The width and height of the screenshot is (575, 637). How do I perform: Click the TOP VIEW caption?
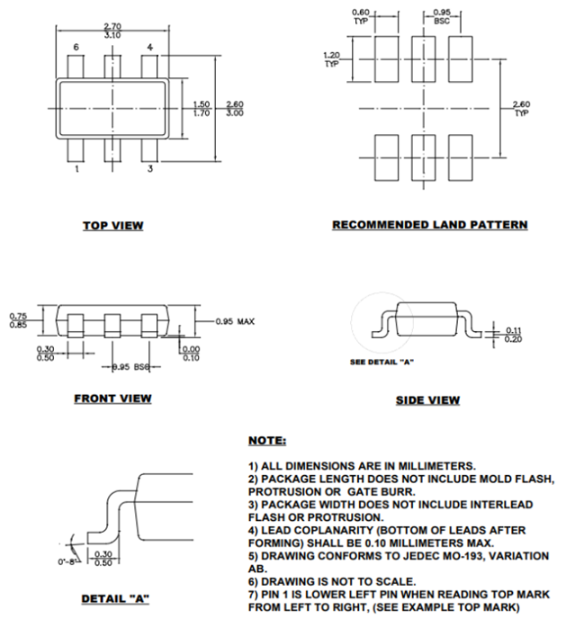112,225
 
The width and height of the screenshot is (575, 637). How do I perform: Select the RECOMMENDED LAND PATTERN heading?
429,224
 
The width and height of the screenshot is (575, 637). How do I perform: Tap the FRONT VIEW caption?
112,399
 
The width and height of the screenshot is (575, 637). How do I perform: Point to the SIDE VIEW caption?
427,400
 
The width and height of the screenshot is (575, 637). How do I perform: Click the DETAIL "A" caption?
113,598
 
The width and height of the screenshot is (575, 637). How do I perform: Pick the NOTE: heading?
267,441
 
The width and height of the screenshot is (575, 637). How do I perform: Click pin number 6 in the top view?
76,47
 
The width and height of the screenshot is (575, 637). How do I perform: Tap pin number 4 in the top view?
149,47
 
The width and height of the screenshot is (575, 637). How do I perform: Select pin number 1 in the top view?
76,168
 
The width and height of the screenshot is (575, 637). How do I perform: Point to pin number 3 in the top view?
149,168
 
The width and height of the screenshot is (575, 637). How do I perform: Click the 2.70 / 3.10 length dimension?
112,30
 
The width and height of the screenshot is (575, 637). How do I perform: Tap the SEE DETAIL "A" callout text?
381,362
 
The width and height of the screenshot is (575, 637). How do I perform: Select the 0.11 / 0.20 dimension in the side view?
514,334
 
